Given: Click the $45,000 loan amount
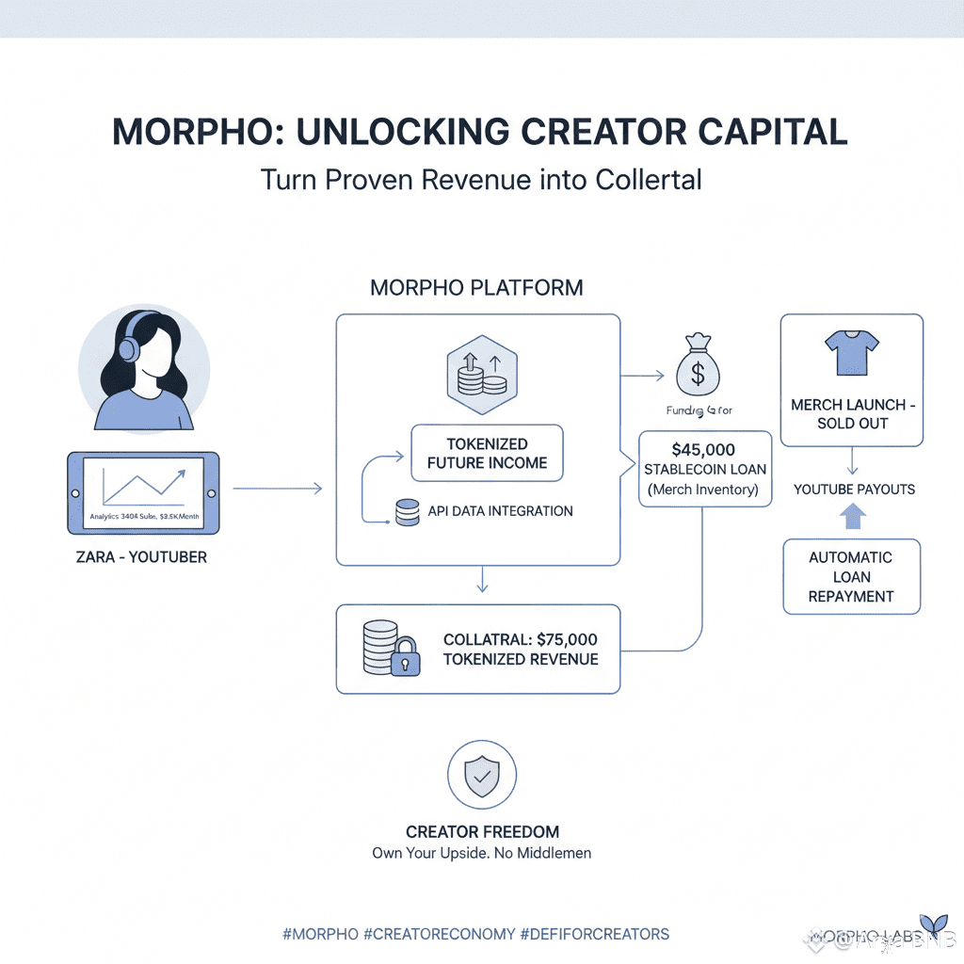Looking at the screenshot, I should point(704,449).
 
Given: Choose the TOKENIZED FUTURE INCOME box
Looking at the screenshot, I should point(487,453).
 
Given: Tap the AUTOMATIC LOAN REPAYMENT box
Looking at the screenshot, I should point(851,576).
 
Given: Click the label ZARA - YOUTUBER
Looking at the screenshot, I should point(141,556).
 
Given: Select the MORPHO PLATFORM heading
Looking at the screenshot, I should point(476,287).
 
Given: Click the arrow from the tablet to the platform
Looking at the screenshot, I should point(277,488).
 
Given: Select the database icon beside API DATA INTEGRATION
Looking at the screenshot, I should point(407,513).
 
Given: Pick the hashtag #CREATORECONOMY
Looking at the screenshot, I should point(439,934).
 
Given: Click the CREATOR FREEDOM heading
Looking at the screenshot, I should point(482,832).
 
